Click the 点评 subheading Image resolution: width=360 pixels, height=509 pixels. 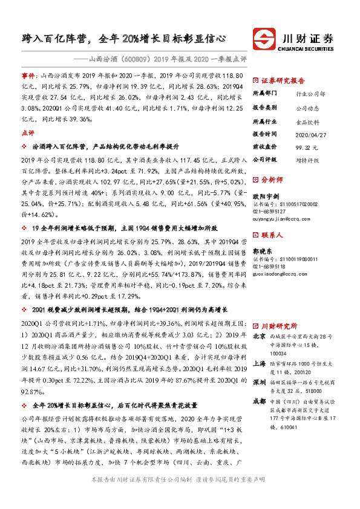coord(28,132)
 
